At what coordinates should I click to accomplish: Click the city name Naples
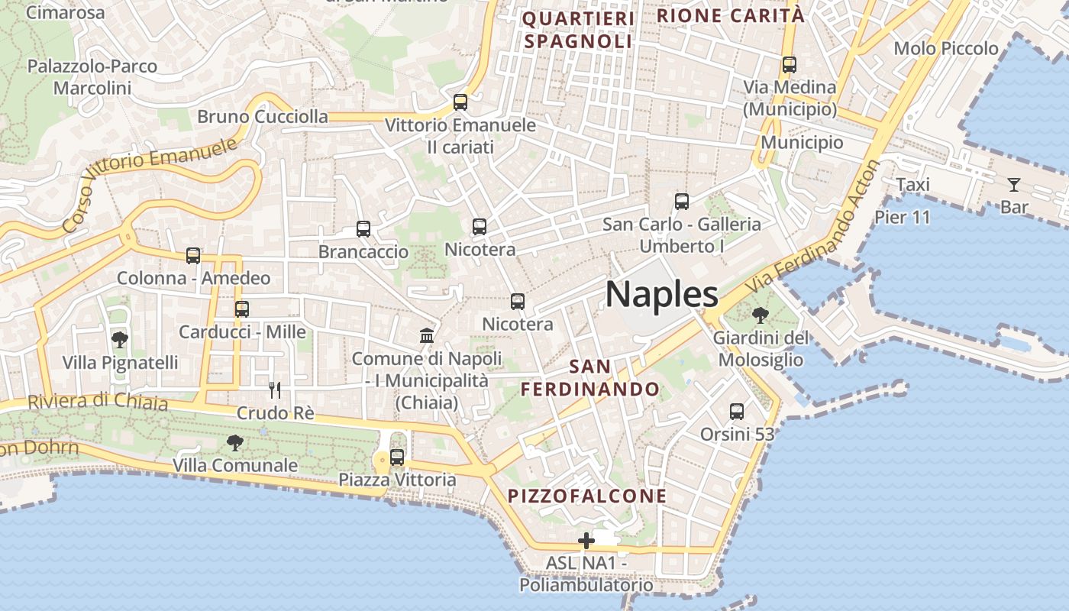662,295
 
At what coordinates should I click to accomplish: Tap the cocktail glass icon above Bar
1013,184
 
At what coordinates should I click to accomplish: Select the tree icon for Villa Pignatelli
119,339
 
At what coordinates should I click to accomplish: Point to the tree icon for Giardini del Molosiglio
760,315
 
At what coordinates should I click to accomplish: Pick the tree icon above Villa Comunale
235,442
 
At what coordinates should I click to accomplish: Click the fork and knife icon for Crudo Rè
275,390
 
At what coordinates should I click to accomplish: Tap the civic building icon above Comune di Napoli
427,335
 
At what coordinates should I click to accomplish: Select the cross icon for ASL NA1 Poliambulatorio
586,541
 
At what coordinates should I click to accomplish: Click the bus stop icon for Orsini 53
737,412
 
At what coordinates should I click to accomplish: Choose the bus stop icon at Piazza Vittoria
397,457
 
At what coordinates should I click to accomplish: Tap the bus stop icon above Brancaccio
363,229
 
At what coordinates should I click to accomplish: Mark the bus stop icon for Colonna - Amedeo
193,256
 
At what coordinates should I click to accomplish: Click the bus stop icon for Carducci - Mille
242,309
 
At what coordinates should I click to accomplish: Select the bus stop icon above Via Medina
790,65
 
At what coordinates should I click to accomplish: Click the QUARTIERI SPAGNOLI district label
578,30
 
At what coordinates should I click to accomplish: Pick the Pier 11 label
903,218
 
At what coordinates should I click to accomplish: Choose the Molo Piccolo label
946,49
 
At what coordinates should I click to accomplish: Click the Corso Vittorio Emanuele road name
149,183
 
